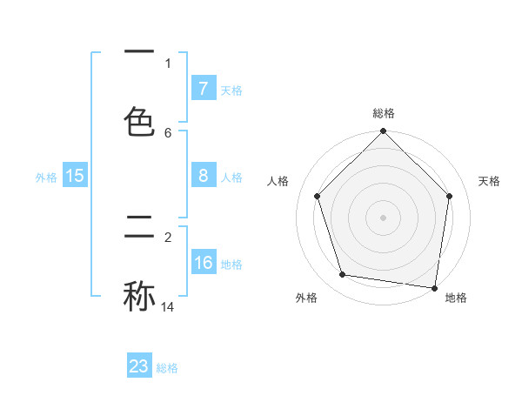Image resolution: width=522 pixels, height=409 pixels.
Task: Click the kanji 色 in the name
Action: coord(139,122)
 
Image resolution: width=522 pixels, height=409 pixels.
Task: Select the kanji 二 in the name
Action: coord(139,228)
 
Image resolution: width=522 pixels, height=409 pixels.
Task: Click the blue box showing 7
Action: coord(204,88)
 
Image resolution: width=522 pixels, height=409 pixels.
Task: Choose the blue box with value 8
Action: coord(204,176)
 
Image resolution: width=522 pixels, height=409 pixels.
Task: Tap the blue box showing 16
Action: coord(204,263)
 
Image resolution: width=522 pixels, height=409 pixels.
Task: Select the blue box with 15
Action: coord(75,176)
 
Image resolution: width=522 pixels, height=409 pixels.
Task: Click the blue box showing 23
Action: coord(139,366)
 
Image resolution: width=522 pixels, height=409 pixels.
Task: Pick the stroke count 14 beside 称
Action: coord(168,306)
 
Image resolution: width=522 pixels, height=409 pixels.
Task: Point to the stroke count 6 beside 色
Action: coord(168,132)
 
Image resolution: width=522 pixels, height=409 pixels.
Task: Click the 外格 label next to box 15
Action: coord(46,177)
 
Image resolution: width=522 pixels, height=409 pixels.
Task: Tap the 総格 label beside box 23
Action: coord(167,368)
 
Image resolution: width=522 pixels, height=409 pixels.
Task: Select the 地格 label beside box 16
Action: coord(231,265)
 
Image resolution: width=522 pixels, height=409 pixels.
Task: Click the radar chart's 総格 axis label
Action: coord(383,113)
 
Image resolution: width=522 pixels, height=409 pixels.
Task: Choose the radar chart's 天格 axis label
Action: coord(489,181)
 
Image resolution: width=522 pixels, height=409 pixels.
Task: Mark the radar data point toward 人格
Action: coord(317,196)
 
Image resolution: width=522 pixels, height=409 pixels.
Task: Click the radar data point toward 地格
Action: coord(434,287)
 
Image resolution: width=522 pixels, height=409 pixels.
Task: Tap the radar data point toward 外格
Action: coord(343,275)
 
